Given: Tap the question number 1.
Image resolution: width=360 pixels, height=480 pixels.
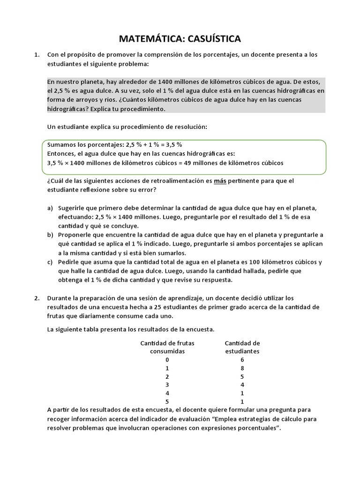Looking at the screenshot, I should coord(37,55).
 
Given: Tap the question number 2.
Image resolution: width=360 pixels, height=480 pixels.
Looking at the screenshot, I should coord(37,298).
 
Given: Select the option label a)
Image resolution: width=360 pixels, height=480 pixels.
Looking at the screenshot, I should coord(50,208).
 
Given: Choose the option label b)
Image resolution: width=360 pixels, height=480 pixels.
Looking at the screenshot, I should coord(50,234).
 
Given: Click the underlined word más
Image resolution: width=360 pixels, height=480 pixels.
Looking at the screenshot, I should coord(220,181).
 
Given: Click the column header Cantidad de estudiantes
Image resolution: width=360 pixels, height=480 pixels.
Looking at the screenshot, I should coord(242,347).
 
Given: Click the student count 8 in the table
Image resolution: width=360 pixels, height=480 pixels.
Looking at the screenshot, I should coord(242,368).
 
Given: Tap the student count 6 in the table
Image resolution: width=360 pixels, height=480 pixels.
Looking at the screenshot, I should coord(242,360).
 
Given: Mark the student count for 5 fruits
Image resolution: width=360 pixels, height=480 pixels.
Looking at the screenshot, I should coord(242,402).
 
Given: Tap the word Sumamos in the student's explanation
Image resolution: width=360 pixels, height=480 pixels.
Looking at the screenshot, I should coord(62,144).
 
